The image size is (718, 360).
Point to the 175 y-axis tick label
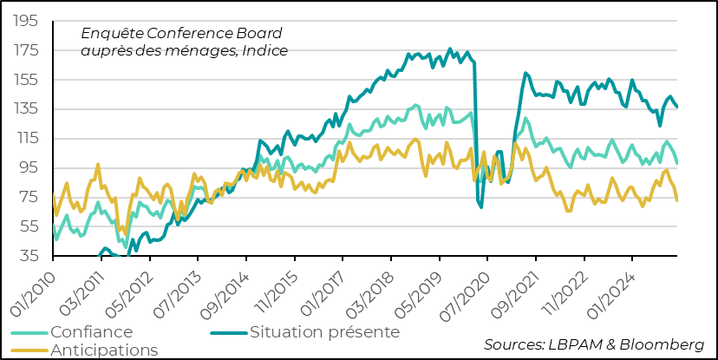tap(26, 50)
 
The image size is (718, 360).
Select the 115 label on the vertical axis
tap(26, 138)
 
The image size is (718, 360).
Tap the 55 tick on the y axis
tap(29, 226)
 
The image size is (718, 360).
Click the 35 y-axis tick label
tap(29, 256)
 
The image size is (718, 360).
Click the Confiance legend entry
tap(91, 332)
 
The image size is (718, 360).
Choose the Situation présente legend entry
tap(324, 331)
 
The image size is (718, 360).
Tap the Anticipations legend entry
tap(104, 350)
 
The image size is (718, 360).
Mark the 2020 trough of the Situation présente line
tap(481, 206)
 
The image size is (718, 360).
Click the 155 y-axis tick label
tap(26, 80)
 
